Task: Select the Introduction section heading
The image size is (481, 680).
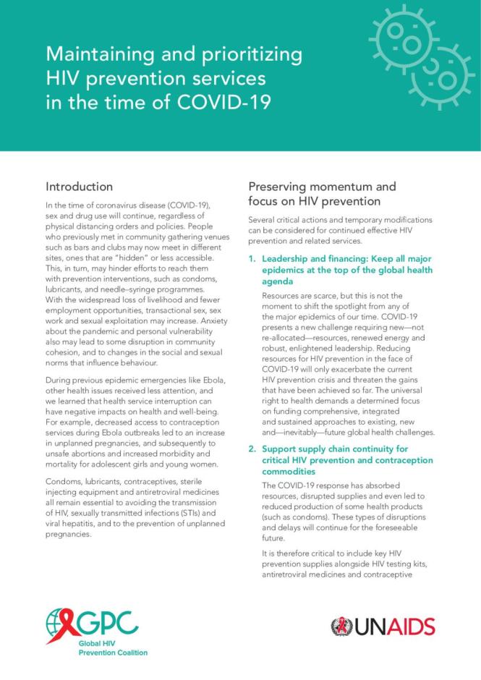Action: pos(79,187)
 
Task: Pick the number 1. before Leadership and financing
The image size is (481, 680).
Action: pos(252,258)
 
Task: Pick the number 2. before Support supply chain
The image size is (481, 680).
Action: pos(252,449)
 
